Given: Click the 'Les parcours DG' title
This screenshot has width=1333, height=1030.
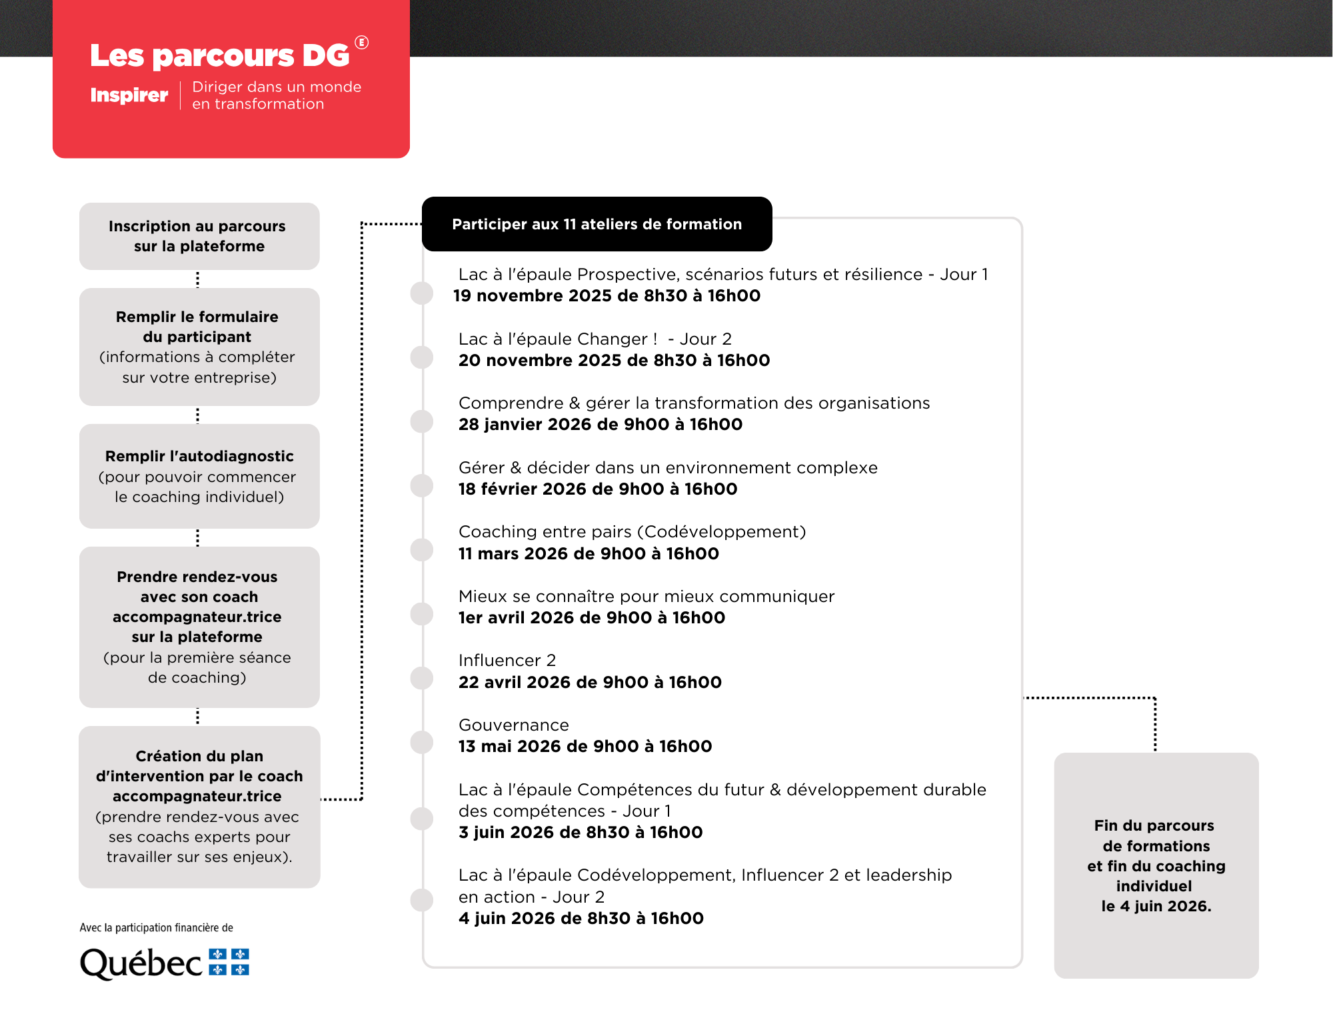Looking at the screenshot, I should [220, 55].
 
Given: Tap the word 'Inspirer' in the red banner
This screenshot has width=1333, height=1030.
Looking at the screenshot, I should [129, 95].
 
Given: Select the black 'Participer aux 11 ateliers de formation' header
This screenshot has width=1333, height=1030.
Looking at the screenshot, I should [597, 224].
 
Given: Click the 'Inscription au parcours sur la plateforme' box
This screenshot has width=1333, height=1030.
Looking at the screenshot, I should [199, 236].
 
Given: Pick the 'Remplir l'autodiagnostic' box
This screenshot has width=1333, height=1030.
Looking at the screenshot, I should [199, 476].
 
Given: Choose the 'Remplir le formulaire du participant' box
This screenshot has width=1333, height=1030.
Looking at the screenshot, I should [199, 347].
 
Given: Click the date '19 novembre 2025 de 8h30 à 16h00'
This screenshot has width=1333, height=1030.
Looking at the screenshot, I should [607, 296].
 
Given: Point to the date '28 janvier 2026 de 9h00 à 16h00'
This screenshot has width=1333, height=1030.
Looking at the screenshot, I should [600, 425].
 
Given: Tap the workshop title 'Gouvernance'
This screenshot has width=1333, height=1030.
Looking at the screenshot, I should [513, 725].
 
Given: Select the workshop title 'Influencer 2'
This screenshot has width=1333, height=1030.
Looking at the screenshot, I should [507, 660].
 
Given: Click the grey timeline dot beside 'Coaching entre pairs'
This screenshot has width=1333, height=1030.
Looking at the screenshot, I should [422, 549].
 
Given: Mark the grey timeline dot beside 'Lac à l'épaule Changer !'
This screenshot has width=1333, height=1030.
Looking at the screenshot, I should [422, 357].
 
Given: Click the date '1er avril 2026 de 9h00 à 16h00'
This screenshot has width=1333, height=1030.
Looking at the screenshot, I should [591, 618].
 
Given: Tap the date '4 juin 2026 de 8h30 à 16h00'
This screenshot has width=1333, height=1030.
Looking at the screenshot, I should [581, 919].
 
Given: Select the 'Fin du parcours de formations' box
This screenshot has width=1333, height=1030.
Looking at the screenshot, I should [1156, 865].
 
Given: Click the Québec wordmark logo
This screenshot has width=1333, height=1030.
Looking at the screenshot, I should [141, 963].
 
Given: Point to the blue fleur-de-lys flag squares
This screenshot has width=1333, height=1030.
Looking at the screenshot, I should [229, 962].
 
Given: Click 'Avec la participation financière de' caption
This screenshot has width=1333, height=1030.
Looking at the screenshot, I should [156, 927].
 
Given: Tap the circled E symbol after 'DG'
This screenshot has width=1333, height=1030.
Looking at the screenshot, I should [361, 43].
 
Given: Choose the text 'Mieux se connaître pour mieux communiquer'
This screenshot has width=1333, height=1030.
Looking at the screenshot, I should [646, 596].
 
